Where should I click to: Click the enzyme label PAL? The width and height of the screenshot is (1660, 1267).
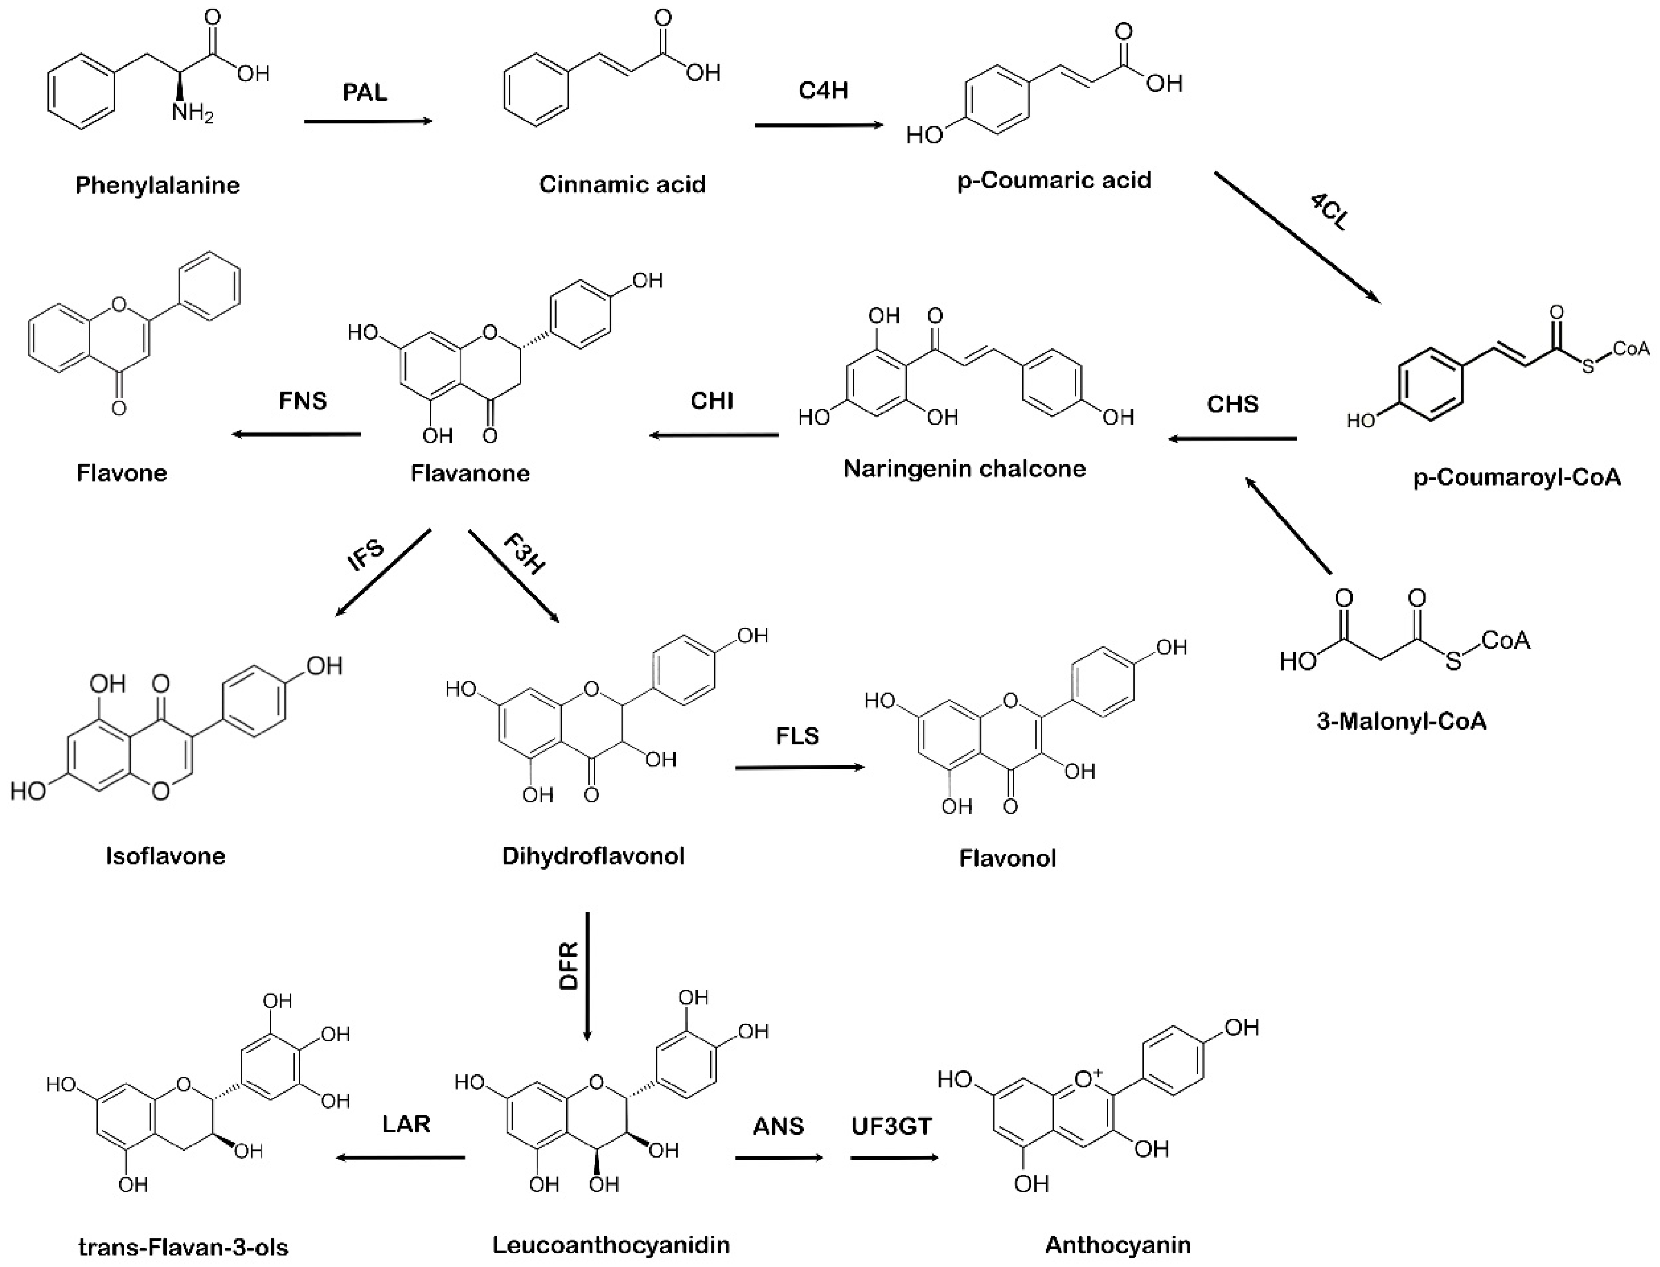[x=365, y=93]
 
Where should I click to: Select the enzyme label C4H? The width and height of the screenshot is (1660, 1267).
[x=824, y=91]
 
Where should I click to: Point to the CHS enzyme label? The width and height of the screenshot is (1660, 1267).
[x=1232, y=404]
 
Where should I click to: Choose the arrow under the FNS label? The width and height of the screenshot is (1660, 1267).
[x=296, y=434]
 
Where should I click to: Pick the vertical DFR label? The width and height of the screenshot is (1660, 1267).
[x=568, y=965]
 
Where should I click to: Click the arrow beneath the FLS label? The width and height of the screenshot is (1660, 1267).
[x=799, y=768]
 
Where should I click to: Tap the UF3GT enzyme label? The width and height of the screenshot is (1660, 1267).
[x=891, y=1127]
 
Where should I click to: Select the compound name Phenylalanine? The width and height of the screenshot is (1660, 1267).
[x=158, y=185]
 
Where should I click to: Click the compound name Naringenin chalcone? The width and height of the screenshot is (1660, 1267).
[x=965, y=469]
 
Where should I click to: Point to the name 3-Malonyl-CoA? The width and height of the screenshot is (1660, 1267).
[x=1401, y=721]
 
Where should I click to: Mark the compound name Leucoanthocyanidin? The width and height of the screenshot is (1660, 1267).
[x=611, y=1244]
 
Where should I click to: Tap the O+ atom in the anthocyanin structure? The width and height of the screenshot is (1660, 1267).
[x=1088, y=1080]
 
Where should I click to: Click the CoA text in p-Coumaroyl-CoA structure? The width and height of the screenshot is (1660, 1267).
[x=1631, y=349]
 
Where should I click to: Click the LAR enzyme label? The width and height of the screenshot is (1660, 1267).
[x=406, y=1125]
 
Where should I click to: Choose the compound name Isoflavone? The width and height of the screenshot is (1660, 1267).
[x=165, y=856]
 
